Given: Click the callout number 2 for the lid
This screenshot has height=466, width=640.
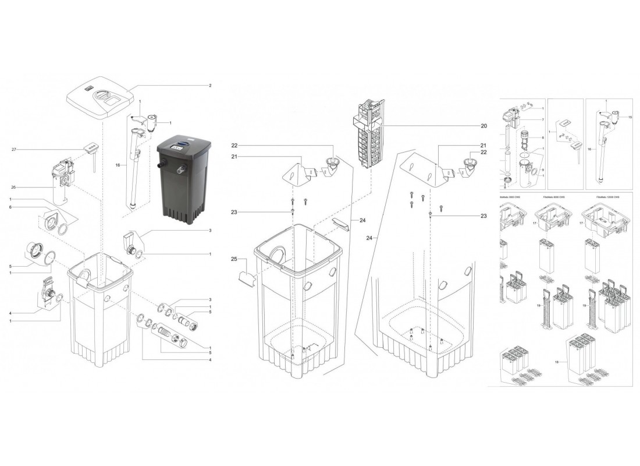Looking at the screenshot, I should tap(209, 86).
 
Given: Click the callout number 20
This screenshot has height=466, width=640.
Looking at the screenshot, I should tap(483, 126).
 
